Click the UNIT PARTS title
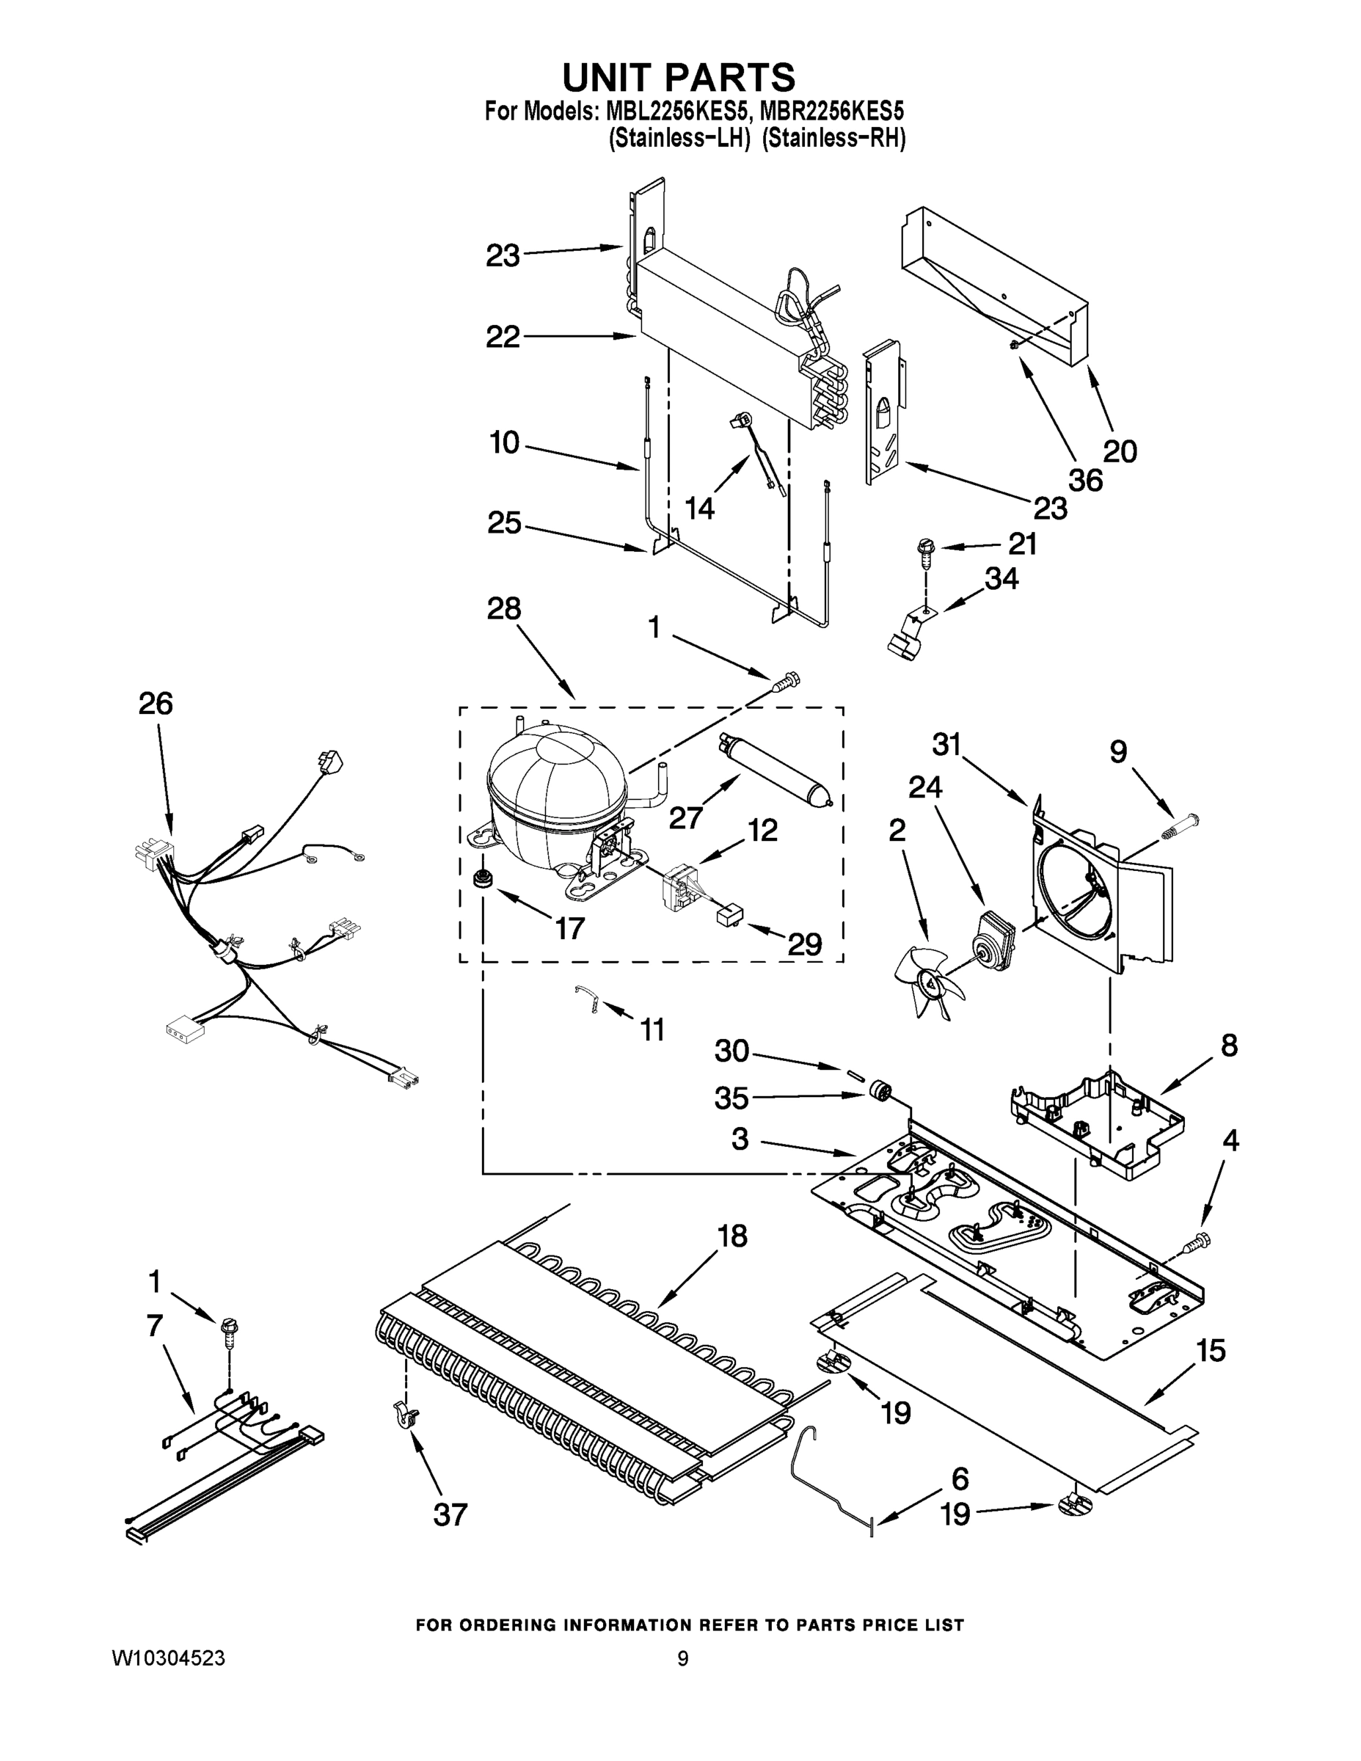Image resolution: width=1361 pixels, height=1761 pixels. (x=678, y=79)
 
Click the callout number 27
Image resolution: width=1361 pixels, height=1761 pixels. (x=685, y=817)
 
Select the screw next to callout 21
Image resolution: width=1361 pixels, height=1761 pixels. (x=924, y=552)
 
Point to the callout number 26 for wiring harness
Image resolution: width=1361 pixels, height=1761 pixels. (x=156, y=704)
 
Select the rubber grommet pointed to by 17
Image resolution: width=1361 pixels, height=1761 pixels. (x=484, y=878)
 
